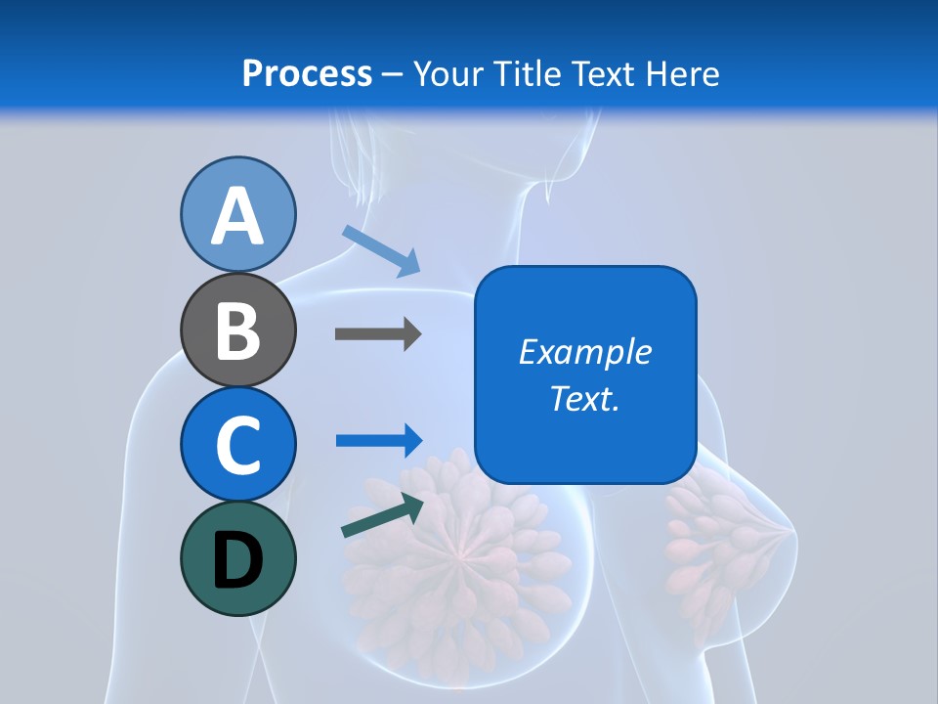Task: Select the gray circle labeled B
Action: click(237, 330)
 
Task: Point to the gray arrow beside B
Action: click(377, 334)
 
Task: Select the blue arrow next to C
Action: click(378, 440)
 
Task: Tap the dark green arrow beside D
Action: click(382, 515)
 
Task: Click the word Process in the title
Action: click(307, 73)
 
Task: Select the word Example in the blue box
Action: click(584, 352)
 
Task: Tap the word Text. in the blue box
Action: click(584, 398)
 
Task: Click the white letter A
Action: click(237, 217)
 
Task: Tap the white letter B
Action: click(237, 331)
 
